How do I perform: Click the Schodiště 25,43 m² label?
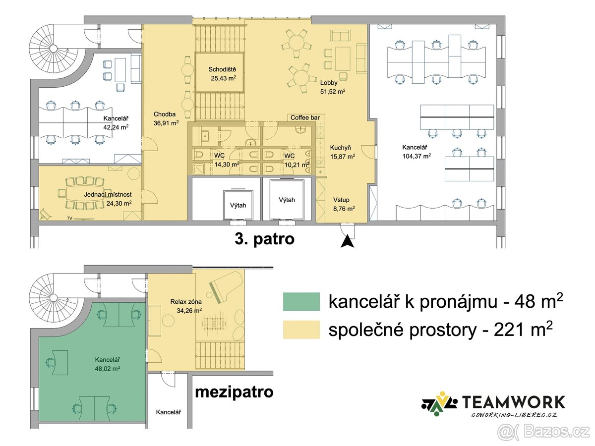coord(222,74)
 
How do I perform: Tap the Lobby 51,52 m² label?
coord(333,87)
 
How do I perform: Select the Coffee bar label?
coord(305,117)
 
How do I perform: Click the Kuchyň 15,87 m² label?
coord(343,152)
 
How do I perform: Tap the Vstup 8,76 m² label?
coord(344,204)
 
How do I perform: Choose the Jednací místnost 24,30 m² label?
coord(108,199)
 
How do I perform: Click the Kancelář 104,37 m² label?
coord(416,151)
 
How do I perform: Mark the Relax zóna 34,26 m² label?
coord(186,306)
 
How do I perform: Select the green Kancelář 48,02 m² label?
coord(107,364)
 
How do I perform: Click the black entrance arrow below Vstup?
coord(347,241)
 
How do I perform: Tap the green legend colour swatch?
coord(301,301)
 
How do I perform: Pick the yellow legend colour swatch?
coord(301,330)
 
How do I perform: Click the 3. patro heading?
coord(264,239)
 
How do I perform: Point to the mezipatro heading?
coord(234,392)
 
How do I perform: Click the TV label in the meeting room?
coord(70,218)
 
